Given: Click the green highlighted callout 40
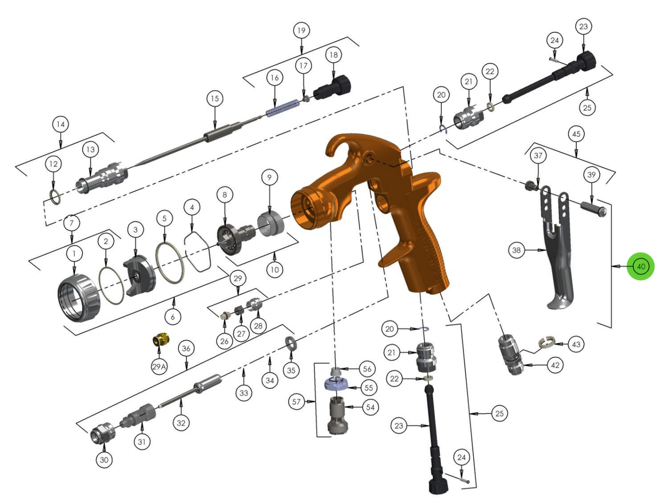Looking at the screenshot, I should point(640,266).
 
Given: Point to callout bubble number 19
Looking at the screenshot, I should point(301,30).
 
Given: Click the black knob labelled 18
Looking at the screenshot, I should point(332,87).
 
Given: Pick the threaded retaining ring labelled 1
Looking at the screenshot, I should point(80,299).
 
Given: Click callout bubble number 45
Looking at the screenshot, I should point(576,133).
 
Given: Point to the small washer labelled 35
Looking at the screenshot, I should point(290,344).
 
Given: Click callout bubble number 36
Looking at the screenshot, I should point(186,349).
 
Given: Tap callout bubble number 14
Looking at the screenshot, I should point(61,125).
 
